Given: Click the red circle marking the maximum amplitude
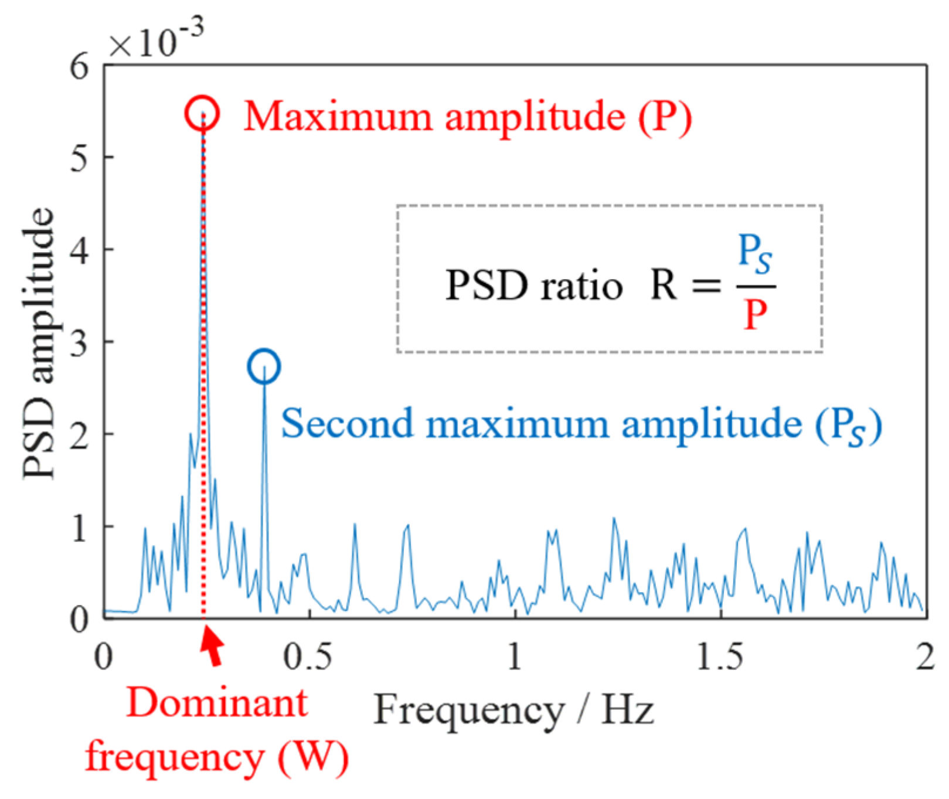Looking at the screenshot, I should point(202,113).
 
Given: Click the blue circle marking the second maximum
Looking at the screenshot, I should point(264,366).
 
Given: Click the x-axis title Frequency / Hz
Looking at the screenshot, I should point(513,710).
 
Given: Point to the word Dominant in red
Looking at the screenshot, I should point(217,703).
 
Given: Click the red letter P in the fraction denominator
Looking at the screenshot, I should point(755,315).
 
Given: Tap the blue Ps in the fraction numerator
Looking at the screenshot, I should point(754,254).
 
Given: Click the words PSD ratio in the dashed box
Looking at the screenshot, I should point(533,286).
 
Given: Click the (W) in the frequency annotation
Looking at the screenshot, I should point(314,757).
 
